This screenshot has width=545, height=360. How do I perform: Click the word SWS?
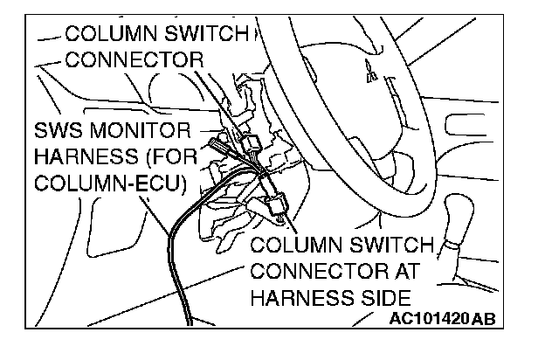(x=61, y=133)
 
